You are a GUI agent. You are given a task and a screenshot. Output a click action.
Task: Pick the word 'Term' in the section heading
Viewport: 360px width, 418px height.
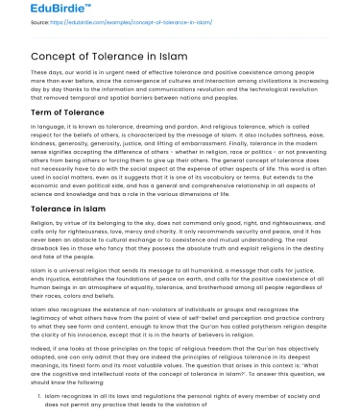pyautogui.click(x=42, y=112)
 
